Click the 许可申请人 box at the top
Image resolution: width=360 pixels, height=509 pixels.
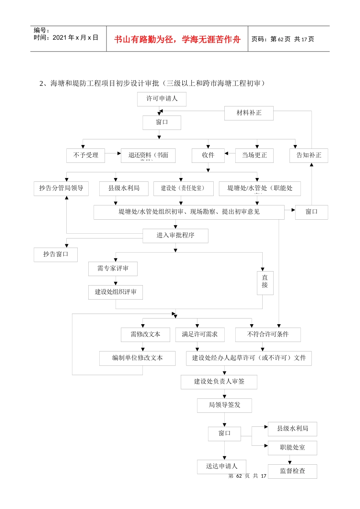[x=162, y=99]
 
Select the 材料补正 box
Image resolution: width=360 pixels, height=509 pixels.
[x=249, y=113]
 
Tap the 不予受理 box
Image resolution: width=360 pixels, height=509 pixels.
[x=86, y=155]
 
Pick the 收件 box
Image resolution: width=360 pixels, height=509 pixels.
[x=208, y=155]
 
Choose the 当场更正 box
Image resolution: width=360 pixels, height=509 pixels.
[x=254, y=155]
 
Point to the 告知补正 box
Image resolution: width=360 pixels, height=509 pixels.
[x=309, y=155]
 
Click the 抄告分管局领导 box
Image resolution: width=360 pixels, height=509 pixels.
[x=61, y=188]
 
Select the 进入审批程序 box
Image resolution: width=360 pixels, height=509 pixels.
[x=175, y=236]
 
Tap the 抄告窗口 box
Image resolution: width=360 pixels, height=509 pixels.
[x=56, y=254]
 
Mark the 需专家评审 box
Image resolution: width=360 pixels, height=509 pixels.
[x=113, y=269]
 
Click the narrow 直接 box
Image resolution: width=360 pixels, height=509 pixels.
[x=265, y=283]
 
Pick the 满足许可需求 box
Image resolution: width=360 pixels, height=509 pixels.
[x=200, y=334]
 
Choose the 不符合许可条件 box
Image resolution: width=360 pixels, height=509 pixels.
[x=268, y=334]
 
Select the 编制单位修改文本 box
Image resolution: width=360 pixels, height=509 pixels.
[x=138, y=358]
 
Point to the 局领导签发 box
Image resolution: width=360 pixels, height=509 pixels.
[x=224, y=405]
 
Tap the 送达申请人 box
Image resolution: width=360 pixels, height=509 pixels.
[x=222, y=466]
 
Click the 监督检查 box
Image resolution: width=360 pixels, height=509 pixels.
[x=293, y=471]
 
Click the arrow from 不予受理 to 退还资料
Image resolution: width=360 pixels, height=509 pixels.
[x=113, y=153]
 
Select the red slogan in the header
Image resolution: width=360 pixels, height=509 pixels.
[x=177, y=39]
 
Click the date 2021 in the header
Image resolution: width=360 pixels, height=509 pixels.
[x=59, y=37]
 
